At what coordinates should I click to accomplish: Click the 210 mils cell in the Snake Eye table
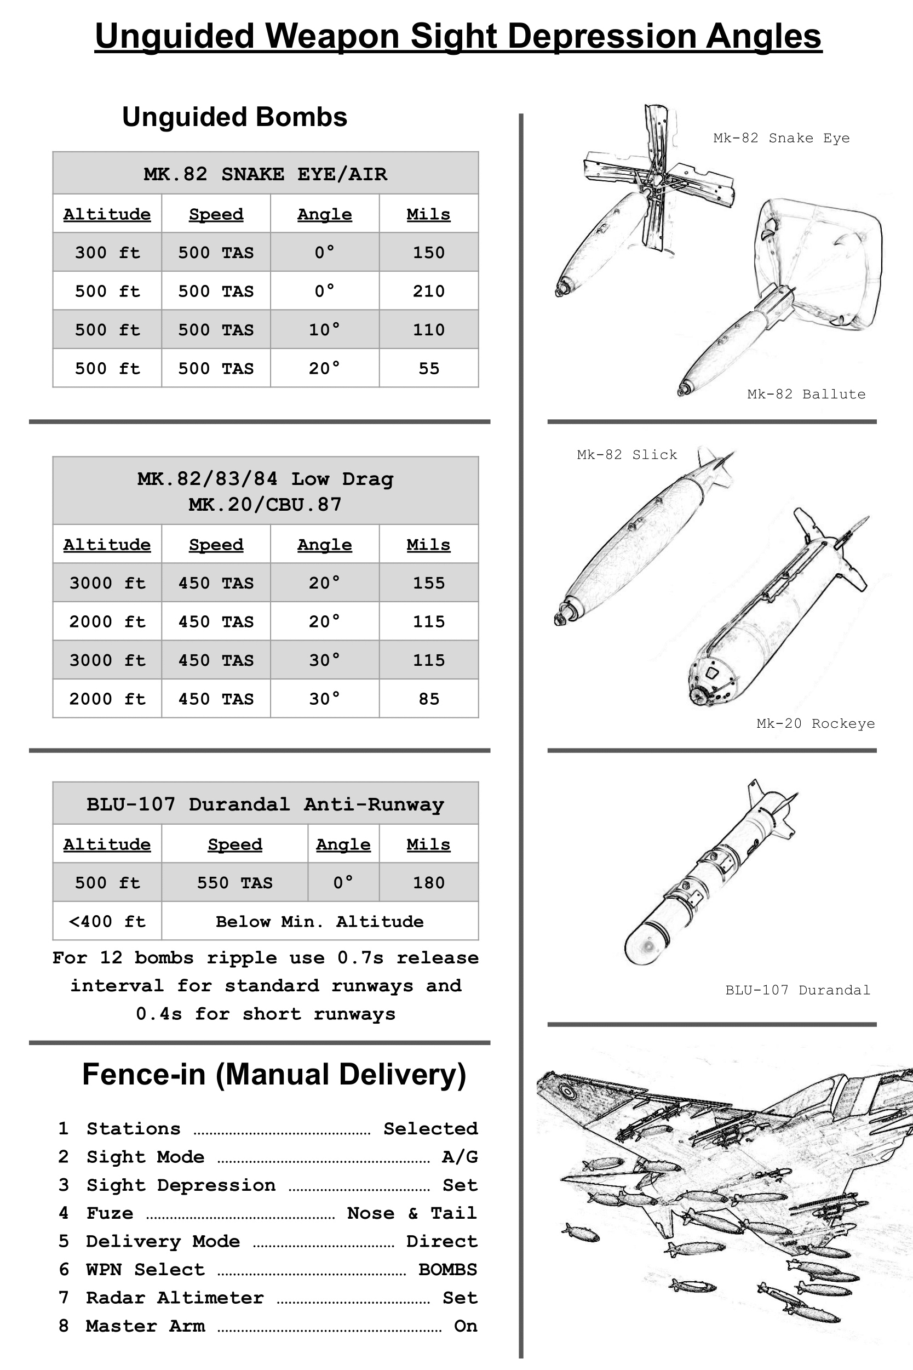pos(428,290)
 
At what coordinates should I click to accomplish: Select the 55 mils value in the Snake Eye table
pos(428,368)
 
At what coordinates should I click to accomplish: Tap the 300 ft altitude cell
pos(107,252)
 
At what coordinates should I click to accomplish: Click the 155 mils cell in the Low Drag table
pos(428,583)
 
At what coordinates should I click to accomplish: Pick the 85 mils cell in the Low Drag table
pos(428,698)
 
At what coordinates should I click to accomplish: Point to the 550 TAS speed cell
pos(234,882)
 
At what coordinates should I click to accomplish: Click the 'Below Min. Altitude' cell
pos(320,921)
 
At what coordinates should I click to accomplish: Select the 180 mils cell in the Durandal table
pos(428,882)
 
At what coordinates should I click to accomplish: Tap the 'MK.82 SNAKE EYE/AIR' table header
pos(266,174)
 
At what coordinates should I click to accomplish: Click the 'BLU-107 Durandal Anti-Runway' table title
pos(266,804)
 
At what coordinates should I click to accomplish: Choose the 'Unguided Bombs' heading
pos(234,117)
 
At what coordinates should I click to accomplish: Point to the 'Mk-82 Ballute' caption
pos(806,395)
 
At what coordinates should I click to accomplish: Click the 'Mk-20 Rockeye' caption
pos(815,723)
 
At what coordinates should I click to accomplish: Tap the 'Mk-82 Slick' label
pos(627,455)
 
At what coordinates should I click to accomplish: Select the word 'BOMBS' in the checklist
pos(447,1269)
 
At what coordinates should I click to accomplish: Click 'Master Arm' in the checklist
pos(146,1326)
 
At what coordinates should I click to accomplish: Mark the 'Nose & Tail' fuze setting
pos(412,1213)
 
